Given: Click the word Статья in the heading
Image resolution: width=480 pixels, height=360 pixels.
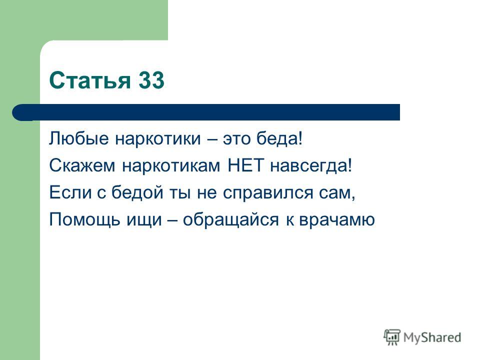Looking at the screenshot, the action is (89, 80).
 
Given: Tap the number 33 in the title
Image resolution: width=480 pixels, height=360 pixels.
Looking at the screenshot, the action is (151, 80).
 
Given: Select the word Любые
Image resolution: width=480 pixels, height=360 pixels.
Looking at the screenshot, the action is (78, 138).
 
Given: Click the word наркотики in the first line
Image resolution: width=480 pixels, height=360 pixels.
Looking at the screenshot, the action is (158, 139).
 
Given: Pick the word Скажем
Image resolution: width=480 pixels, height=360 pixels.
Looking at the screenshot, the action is (82, 165).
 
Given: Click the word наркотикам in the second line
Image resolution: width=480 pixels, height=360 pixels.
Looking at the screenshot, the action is (171, 166).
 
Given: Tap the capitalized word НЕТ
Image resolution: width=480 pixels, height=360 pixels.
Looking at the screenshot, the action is (245, 165).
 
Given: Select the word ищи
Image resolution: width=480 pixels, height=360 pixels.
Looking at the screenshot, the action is (144, 220).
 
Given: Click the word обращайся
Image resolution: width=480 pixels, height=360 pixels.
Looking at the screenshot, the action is (231, 219).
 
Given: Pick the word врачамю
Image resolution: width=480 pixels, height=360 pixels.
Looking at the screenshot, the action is (336, 220).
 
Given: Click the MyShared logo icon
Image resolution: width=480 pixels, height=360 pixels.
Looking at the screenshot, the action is (392, 337).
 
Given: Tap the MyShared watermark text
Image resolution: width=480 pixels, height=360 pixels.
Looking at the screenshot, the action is (432, 337).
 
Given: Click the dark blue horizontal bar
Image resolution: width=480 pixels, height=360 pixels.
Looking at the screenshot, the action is (206, 112).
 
